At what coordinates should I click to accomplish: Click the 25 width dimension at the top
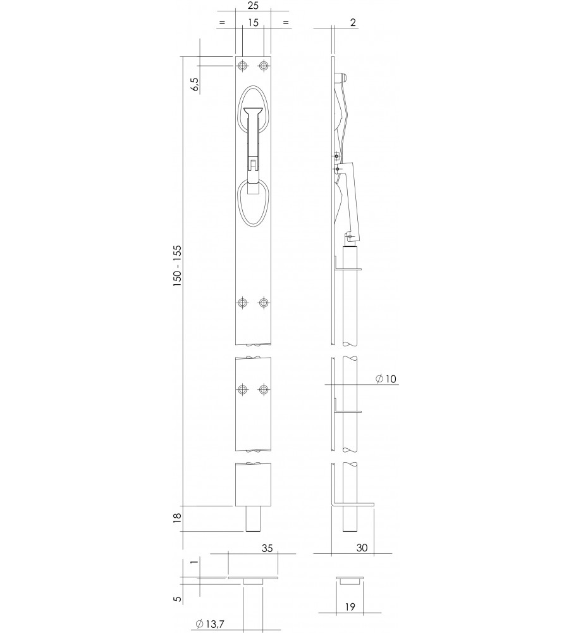(x=253, y=6)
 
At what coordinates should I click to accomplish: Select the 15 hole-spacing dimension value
(x=253, y=23)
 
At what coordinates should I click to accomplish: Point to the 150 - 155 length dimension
(x=177, y=266)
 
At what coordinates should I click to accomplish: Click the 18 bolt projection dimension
(x=177, y=518)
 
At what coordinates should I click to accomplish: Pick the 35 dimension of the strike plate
(x=267, y=548)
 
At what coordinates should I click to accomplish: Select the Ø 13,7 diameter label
(x=210, y=624)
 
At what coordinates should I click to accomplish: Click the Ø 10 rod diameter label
(x=386, y=379)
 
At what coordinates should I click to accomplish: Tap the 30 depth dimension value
(x=362, y=548)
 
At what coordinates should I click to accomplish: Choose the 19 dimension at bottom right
(x=350, y=606)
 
